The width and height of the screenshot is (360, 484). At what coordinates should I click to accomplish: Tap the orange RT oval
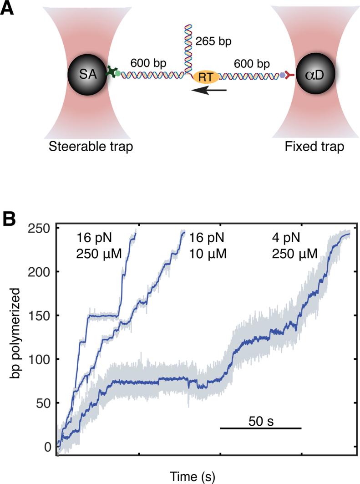pyautogui.click(x=206, y=76)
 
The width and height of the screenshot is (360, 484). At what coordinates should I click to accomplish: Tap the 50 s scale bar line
pyautogui.click(x=261, y=428)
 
